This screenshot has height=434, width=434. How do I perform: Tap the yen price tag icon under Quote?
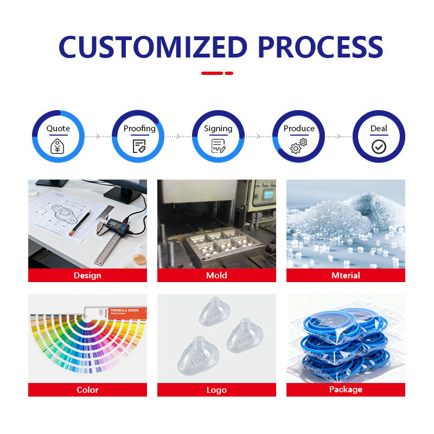pos(58,146)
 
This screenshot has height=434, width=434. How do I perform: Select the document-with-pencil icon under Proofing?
pos(139,146)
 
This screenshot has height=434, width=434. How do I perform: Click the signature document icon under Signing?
pos(218,145)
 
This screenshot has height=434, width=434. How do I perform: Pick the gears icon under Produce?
pos(298,145)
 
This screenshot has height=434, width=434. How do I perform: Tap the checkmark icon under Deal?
pos(379,146)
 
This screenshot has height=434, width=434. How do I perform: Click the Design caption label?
pos(87,276)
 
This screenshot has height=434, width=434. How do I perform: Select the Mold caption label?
pos(216,276)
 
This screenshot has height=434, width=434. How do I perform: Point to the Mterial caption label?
pos(346,276)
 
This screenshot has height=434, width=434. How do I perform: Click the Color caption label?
pos(87,390)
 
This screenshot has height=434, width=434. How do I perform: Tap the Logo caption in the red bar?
pos(216,390)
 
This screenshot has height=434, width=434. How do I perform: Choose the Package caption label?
pos(346,390)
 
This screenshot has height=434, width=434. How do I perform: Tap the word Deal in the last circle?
pos(379,129)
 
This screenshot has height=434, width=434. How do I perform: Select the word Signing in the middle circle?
pos(218,129)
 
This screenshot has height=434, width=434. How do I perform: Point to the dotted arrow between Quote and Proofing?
pos(98,136)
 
